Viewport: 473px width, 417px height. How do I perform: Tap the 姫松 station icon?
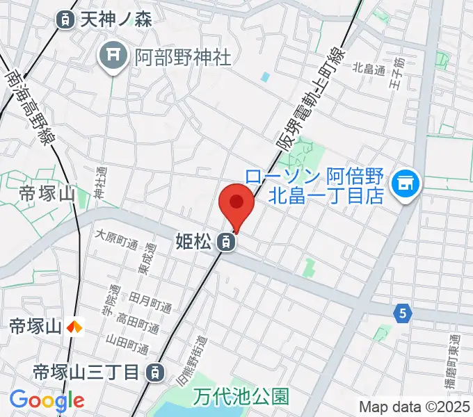225,243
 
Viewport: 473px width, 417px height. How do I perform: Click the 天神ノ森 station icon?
65,19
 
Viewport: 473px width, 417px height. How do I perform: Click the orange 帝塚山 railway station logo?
74,325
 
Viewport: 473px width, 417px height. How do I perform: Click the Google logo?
47,400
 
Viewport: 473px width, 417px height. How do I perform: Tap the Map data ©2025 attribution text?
415,406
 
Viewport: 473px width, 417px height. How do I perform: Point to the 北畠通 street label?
369,68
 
